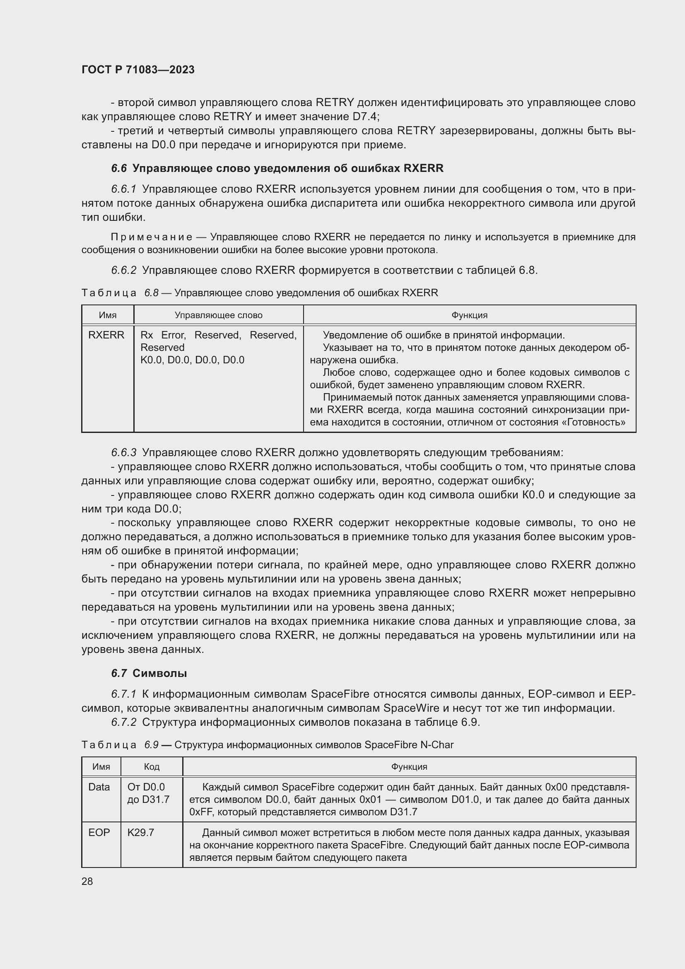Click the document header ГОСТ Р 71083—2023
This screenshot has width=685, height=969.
[x=138, y=70]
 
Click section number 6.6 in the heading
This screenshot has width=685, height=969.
[x=118, y=168]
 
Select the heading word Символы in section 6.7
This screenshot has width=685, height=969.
[x=159, y=673]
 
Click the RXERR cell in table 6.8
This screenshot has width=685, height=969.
[x=106, y=335]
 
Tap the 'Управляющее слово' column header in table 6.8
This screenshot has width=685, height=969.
[x=219, y=315]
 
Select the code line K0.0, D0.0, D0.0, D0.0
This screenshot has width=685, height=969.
[x=192, y=360]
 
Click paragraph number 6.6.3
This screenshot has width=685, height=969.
[x=123, y=453]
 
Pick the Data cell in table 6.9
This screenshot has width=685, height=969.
[x=99, y=787]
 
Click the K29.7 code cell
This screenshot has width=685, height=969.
[x=141, y=833]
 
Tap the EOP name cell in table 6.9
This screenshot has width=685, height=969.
[x=99, y=833]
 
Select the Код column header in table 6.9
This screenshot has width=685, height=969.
[x=152, y=767]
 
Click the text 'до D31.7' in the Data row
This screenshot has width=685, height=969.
[x=148, y=799]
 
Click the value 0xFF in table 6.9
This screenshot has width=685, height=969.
[x=201, y=812]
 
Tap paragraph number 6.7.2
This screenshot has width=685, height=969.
[x=123, y=722]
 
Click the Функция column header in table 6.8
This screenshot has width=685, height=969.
[x=469, y=315]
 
